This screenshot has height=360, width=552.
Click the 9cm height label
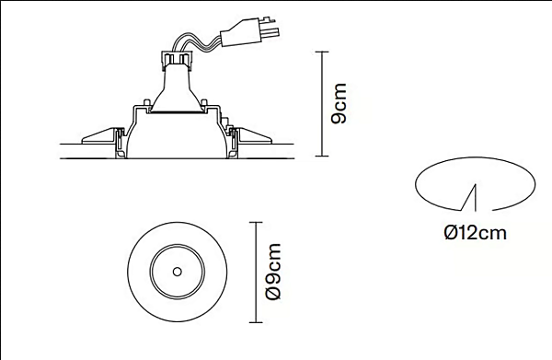[x=339, y=104]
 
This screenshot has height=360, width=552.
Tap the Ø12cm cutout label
[x=475, y=233]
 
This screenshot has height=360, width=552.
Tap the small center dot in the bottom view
[x=175, y=272]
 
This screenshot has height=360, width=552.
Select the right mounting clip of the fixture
[x=253, y=138]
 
